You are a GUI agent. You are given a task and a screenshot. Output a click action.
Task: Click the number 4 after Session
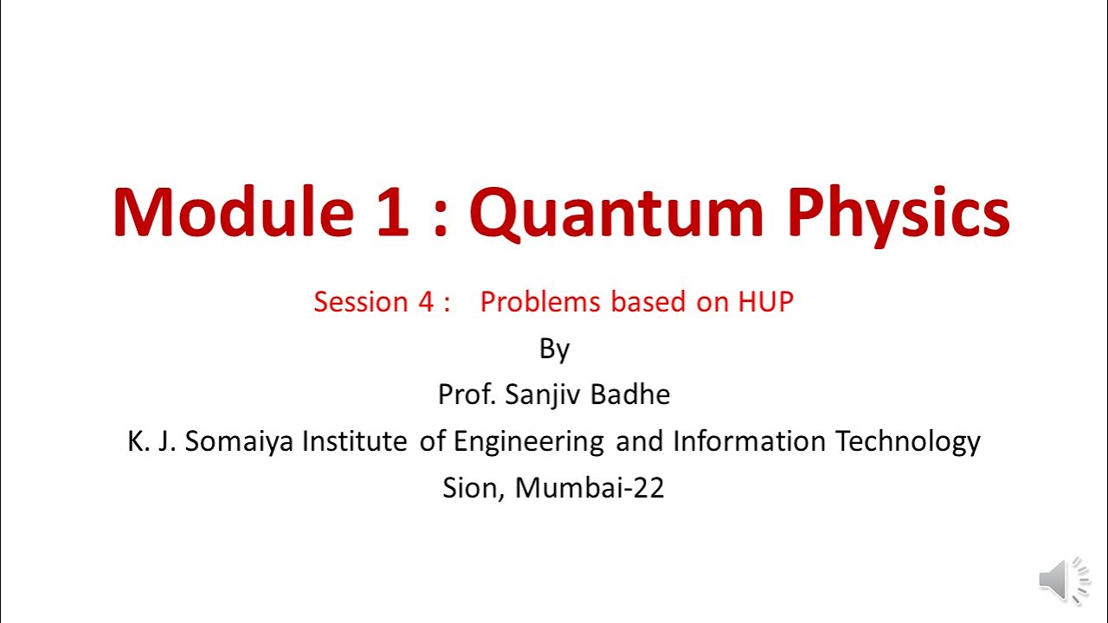coord(424,302)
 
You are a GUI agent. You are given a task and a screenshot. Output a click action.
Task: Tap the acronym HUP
coord(765,302)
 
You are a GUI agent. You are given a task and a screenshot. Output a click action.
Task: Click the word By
coord(554,350)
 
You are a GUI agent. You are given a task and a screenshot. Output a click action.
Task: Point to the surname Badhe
coord(630,395)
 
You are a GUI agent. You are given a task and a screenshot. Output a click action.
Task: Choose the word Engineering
coord(528,442)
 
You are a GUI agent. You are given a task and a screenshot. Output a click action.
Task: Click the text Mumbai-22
coord(589,488)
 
